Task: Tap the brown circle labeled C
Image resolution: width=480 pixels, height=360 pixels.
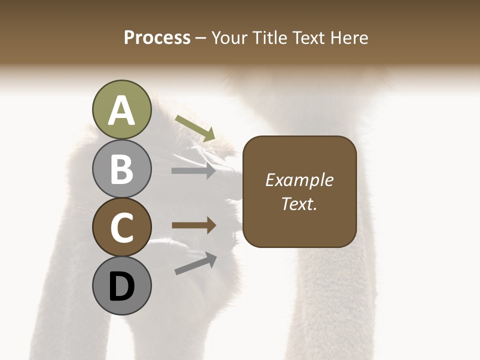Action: pos(121,227)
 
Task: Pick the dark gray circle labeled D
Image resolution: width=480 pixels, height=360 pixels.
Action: pos(121,285)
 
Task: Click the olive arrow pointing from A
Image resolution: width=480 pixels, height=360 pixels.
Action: pos(195,128)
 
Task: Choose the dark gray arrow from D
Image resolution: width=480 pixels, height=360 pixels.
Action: pos(195,263)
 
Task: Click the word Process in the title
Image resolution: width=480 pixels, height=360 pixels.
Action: pos(157,37)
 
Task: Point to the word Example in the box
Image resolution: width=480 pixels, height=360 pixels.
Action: pos(299,180)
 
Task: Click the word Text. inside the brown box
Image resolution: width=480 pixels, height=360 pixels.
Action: pos(299,203)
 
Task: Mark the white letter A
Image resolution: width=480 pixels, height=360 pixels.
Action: pos(121,111)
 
